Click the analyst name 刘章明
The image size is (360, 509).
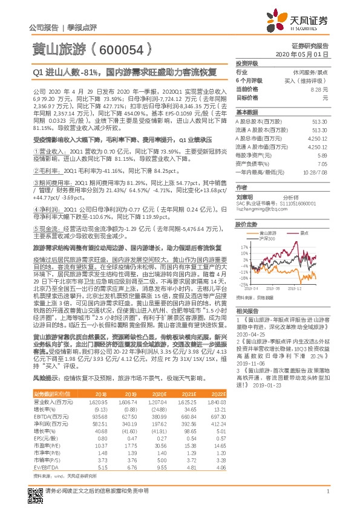[x=245, y=197]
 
